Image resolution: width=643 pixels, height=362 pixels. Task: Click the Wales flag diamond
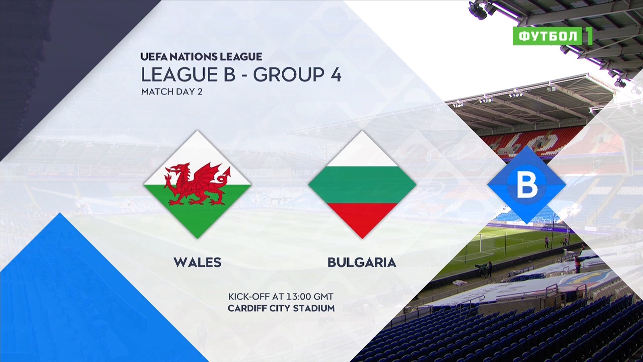click(x=197, y=185)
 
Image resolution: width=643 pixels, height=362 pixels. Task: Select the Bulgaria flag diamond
click(x=362, y=185)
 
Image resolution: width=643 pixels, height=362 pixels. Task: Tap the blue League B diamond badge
click(x=527, y=185)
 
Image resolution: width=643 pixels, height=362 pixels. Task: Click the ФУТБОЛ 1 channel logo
click(x=553, y=36)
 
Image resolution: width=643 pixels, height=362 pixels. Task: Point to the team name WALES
click(x=198, y=262)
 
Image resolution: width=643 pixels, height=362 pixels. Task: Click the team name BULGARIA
click(x=362, y=262)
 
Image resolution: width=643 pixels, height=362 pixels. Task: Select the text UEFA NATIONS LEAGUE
click(x=201, y=57)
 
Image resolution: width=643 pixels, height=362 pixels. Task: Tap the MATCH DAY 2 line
click(x=172, y=92)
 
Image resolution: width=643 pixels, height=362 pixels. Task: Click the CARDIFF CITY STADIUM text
click(x=281, y=308)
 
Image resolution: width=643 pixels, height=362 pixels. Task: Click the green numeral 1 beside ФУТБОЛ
click(x=588, y=36)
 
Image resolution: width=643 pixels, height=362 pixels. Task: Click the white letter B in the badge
click(x=527, y=185)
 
